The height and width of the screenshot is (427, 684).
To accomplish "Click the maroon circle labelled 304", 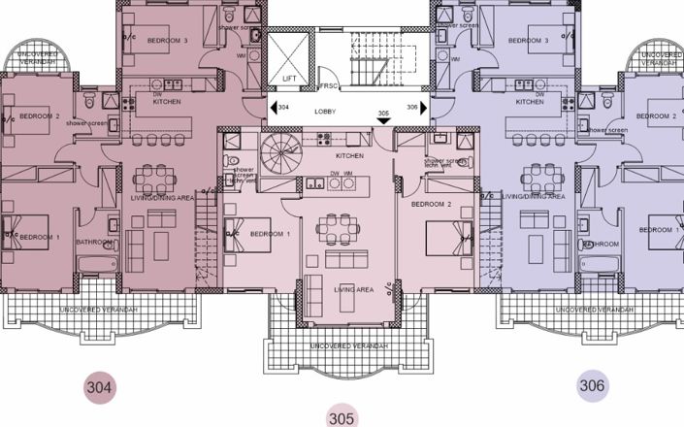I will pos(100,387).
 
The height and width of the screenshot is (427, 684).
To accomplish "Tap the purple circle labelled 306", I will pos(593,385).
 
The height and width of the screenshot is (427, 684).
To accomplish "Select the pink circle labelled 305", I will pos(341,418).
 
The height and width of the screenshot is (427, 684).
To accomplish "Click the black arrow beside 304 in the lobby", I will pos(272,107).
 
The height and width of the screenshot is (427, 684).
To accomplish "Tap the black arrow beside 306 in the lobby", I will pos(423,107).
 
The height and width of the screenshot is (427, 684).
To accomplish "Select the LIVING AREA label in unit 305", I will pos(352,288).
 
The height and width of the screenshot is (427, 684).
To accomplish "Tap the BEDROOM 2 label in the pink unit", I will pos(432,205).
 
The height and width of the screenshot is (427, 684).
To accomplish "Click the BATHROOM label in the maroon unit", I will pos(95,243).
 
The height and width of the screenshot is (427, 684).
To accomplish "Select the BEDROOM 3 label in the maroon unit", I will pos(167,41).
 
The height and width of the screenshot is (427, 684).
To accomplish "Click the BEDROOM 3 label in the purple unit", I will pos(529,41).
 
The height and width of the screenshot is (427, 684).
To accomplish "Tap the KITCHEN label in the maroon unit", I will pos(167,101).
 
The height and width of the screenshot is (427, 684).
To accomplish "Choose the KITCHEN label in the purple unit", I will pos(529,101).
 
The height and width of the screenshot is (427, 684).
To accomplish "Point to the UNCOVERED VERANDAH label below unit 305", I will pos(348,345).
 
